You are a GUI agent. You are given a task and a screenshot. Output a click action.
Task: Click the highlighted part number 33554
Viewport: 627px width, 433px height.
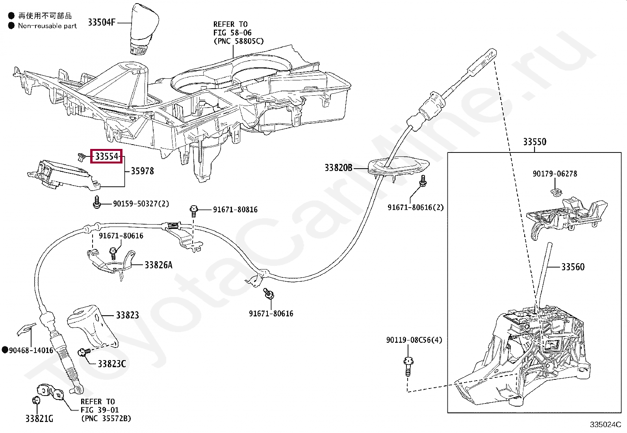pos(107,156)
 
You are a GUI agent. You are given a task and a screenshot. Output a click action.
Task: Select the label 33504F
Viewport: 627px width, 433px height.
pos(102,22)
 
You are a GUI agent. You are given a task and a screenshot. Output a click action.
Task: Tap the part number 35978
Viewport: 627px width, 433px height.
pos(142,171)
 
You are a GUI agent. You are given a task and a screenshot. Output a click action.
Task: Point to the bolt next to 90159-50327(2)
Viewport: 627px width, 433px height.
pos(96,203)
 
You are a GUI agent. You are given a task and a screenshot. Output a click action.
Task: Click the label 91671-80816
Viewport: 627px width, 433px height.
pos(235,210)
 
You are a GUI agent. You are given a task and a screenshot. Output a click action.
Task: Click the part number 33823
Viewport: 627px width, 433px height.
pos(127,315)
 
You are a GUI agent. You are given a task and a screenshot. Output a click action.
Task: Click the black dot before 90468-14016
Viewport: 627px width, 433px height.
pos(5,350)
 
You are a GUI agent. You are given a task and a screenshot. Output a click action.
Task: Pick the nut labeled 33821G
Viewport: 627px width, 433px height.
pos(36,401)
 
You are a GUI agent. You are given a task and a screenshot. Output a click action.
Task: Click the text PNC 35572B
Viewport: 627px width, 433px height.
pos(106,418)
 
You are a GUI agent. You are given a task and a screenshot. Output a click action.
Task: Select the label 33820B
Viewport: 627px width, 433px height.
pos(338,168)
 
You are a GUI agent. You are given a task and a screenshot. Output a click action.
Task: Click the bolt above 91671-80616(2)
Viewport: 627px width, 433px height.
pos(423,181)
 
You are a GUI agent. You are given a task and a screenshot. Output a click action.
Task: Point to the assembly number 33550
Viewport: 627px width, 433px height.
pos(534,142)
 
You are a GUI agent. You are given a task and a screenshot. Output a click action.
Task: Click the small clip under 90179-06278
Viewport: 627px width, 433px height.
pos(556,192)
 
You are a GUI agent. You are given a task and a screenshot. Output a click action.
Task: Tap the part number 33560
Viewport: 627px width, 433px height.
pos(573,267)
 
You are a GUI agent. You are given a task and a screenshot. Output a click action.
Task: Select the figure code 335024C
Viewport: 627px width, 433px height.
pos(605,424)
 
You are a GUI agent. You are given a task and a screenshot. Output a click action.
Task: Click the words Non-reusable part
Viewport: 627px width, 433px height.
pos(47,26)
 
